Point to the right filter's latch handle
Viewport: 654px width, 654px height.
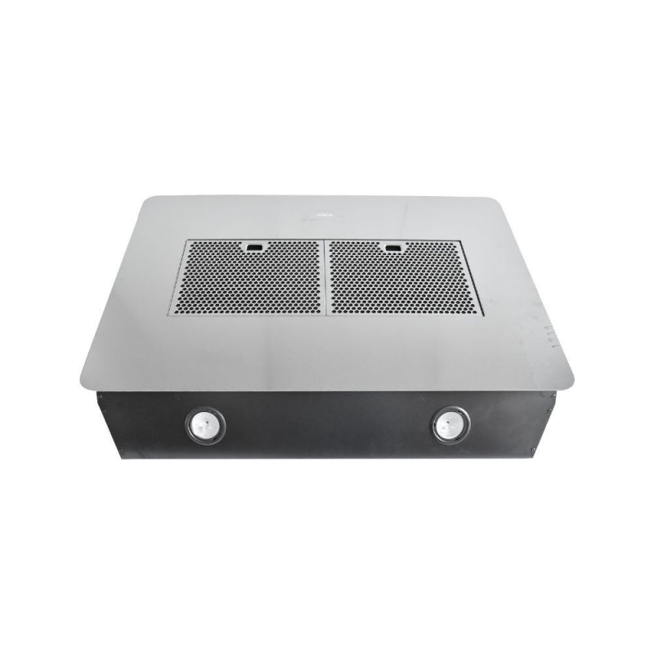pos(393,246)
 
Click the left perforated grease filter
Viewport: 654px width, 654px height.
pos(249,279)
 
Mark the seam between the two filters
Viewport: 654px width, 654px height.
pos(326,278)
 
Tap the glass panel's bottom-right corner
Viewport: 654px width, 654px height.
pos(571,384)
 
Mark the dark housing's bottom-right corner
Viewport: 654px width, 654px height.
pos(533,456)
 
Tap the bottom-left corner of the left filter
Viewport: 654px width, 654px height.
pos(170,314)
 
